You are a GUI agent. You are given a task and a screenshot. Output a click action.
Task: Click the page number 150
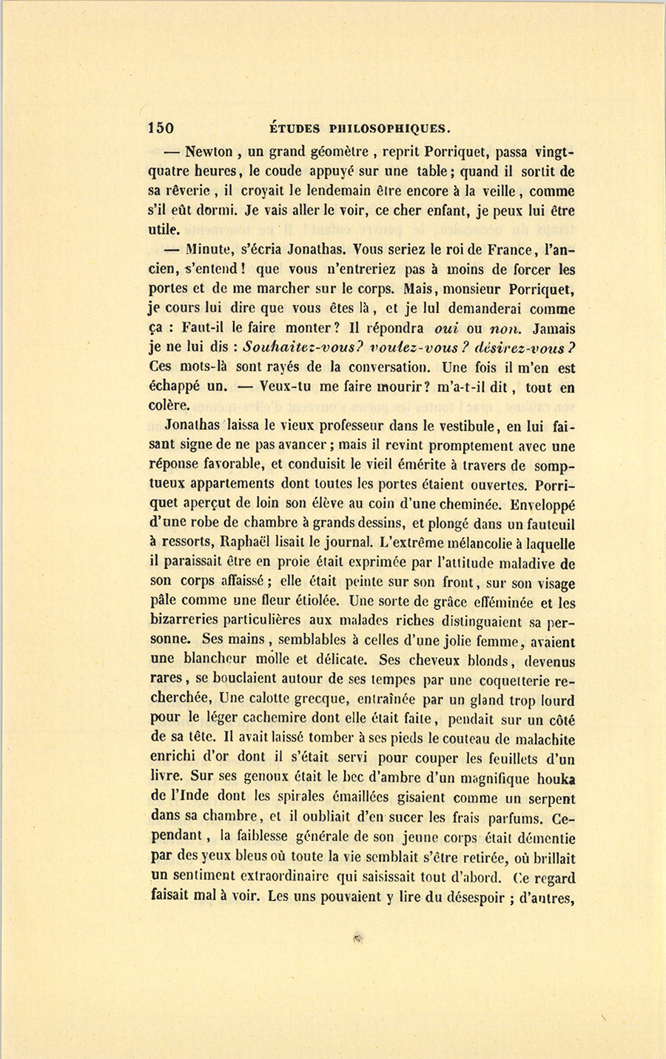[161, 127]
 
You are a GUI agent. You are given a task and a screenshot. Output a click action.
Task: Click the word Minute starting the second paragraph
[209, 250]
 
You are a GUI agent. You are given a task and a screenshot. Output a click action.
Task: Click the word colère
[169, 406]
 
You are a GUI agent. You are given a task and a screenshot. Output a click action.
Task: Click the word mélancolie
[461, 544]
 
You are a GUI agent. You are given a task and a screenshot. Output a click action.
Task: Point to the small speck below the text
[357, 938]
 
